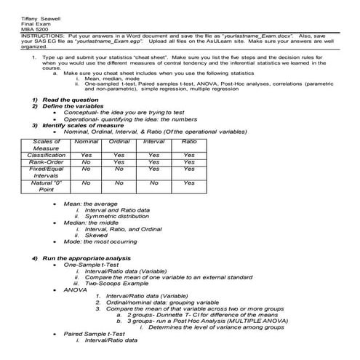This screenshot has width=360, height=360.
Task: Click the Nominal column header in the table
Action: pos(86,141)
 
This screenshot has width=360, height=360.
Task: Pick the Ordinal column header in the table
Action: pos(119,141)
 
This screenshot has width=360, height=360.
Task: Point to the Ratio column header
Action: pos(189,141)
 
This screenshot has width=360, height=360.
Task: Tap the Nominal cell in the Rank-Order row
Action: pos(86,162)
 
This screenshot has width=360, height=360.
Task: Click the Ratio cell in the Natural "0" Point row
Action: pos(189,183)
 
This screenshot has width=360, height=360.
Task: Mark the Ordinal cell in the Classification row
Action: pos(119,155)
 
